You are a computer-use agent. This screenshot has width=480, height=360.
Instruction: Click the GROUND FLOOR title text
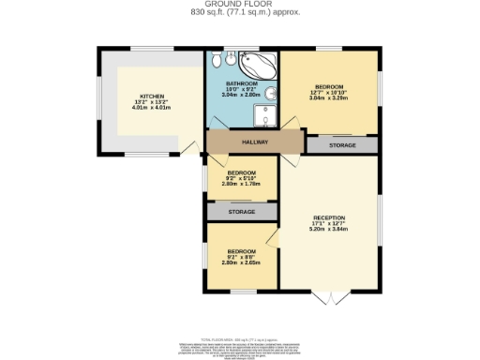coord(240,4)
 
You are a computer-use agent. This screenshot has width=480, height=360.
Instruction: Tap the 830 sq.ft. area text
coord(240,13)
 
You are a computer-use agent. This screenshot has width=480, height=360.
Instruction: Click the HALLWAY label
coord(255,142)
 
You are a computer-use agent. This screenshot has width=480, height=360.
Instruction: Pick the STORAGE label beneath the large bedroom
coord(341,145)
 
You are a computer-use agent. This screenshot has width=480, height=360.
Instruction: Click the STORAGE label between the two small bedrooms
coord(242,213)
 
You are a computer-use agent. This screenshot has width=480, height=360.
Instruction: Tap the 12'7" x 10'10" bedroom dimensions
coord(329,93)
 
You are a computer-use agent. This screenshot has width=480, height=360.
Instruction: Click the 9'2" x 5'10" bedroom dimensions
coord(242,178)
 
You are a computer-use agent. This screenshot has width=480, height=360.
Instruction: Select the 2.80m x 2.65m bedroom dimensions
coord(242,262)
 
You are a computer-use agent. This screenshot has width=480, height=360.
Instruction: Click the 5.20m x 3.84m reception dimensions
coord(329,229)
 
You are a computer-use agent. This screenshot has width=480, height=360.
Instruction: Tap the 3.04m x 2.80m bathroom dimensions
coord(242,95)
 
